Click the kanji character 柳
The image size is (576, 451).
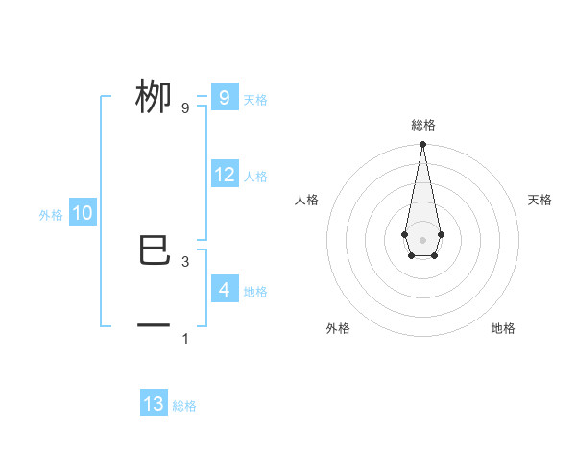pos(155,97)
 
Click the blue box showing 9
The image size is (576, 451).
pos(224,97)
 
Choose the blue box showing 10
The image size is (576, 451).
pos(83,213)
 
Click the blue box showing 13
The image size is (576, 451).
pos(154,404)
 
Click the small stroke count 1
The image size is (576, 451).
pos(185,338)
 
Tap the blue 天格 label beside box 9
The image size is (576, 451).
pos(255,100)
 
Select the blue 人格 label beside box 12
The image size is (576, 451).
pos(255,177)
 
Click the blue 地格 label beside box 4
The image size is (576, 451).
pos(255,292)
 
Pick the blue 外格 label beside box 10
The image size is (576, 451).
pos(51,215)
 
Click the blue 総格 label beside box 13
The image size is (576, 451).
pos(184,406)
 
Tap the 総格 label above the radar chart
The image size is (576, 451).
pos(422,125)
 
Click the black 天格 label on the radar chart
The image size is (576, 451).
pos(540,200)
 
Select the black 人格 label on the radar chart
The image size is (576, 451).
pos(307,200)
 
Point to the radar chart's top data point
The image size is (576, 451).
pos(422,145)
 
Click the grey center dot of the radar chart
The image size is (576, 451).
pos(422,239)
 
